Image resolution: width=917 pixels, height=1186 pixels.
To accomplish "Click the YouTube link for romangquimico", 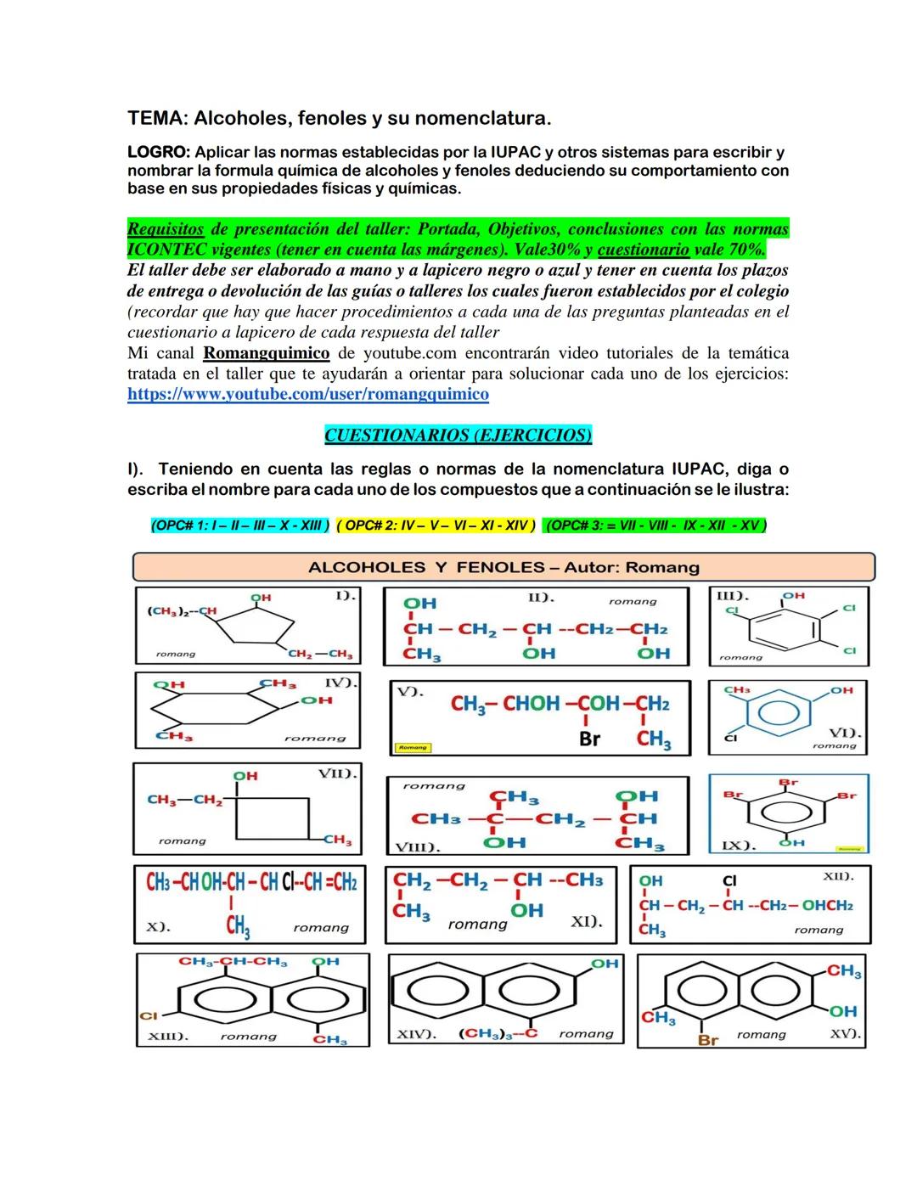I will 307,395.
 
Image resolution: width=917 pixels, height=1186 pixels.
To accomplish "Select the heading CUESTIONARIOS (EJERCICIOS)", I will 458,436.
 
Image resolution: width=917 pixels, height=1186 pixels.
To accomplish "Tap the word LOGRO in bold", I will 158,153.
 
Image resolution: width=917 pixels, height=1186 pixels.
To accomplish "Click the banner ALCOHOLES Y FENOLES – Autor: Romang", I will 504,567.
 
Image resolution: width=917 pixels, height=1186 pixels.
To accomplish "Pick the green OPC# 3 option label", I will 655,526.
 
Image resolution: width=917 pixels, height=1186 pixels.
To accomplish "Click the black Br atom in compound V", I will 589,739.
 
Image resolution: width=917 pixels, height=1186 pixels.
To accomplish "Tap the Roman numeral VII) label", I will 337,773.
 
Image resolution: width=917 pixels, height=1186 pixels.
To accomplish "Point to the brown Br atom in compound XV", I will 707,1039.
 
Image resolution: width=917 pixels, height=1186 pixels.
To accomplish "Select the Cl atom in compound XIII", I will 149,1015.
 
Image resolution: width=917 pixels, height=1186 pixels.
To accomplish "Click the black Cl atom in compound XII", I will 729,881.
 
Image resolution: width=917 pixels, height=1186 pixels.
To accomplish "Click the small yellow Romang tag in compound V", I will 413,747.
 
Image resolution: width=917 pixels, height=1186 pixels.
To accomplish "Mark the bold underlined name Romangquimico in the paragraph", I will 267,353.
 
